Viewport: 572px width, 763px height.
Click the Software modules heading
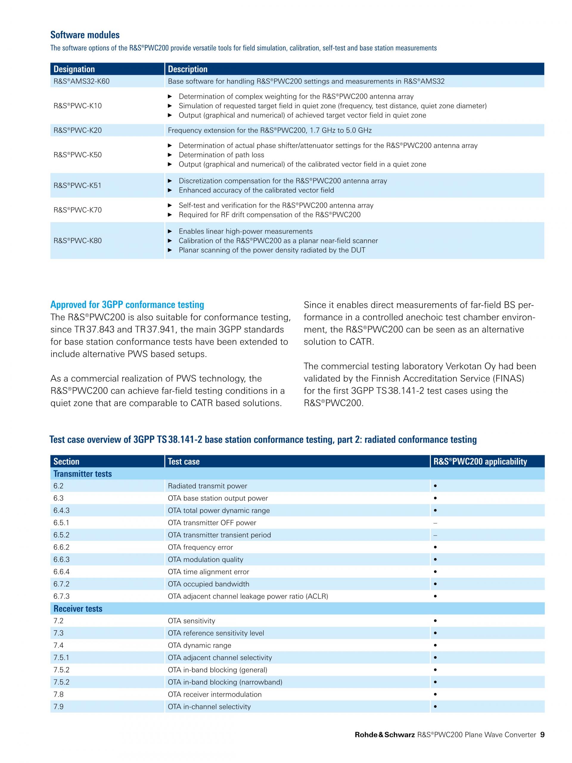85,35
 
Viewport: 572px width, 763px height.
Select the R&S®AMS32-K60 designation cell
81,81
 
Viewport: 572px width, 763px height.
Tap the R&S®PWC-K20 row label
77,130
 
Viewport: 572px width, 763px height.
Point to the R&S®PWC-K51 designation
77,186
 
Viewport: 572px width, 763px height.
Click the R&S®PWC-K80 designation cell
77,241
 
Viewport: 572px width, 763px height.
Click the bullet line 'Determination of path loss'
221,155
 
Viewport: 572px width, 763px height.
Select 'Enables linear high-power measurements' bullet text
245,232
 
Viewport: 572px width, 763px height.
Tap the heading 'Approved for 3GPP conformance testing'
127,305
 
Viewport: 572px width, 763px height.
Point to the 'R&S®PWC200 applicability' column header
480,461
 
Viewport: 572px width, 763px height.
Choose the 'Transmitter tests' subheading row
83,474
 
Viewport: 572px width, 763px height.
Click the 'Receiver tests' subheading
78,609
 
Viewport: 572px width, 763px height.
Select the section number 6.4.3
61,511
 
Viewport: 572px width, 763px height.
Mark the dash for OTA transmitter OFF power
435,523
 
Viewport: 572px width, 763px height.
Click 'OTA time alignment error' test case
208,572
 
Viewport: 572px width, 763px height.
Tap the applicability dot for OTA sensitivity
436,621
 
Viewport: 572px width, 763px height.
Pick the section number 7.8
59,694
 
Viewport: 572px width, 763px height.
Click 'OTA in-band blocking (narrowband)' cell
225,682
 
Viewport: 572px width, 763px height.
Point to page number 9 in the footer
542,745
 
